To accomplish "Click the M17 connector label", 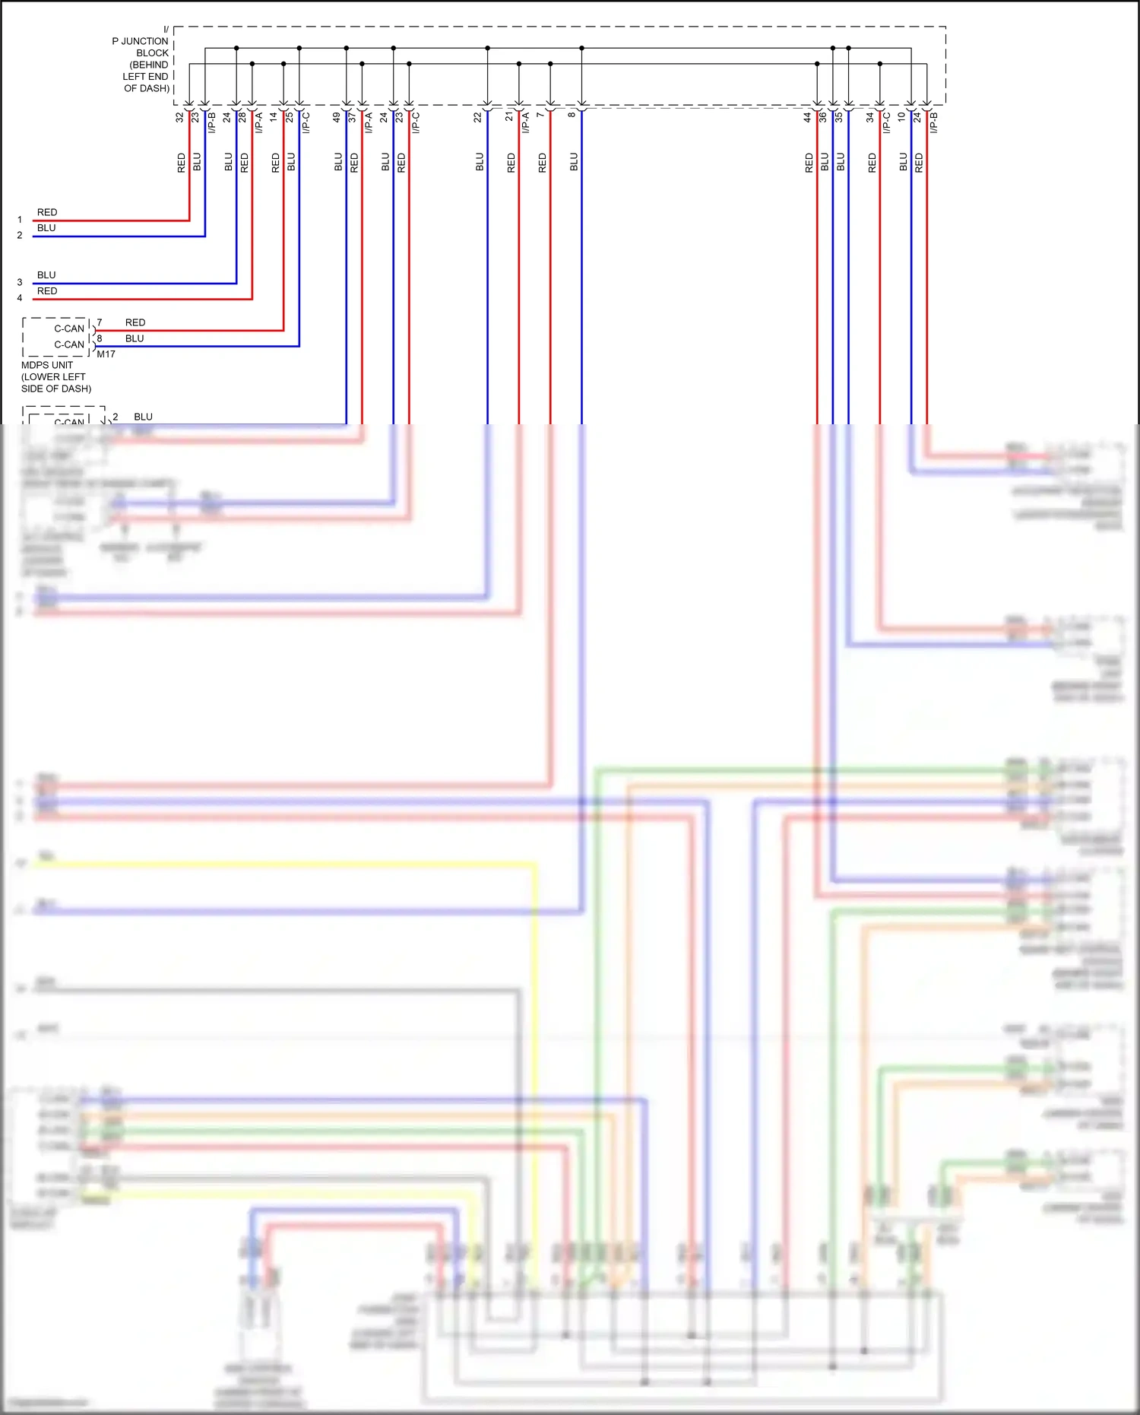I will tap(106, 354).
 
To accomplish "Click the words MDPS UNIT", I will tap(47, 365).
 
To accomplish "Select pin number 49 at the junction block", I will tap(336, 118).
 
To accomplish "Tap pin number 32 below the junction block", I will tap(179, 118).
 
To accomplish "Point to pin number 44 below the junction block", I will tap(807, 118).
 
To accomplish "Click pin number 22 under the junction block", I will tap(477, 118).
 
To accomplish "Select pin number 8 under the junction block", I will tap(572, 115).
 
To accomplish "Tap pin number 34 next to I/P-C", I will tap(870, 118).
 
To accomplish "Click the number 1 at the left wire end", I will tap(20, 220).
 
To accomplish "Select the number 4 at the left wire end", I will tap(20, 298).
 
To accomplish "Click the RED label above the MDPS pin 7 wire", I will tap(135, 322).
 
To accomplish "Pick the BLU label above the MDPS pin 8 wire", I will tap(135, 338).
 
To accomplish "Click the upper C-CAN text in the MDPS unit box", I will tap(69, 328).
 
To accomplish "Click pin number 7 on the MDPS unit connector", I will tap(100, 322).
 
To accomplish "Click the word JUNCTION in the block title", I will tap(145, 41).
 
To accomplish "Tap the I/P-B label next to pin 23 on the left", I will tap(212, 122).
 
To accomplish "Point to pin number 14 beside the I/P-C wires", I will tap(274, 118).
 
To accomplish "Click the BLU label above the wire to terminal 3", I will tap(46, 274).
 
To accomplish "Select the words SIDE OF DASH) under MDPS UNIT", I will tap(56, 389).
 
